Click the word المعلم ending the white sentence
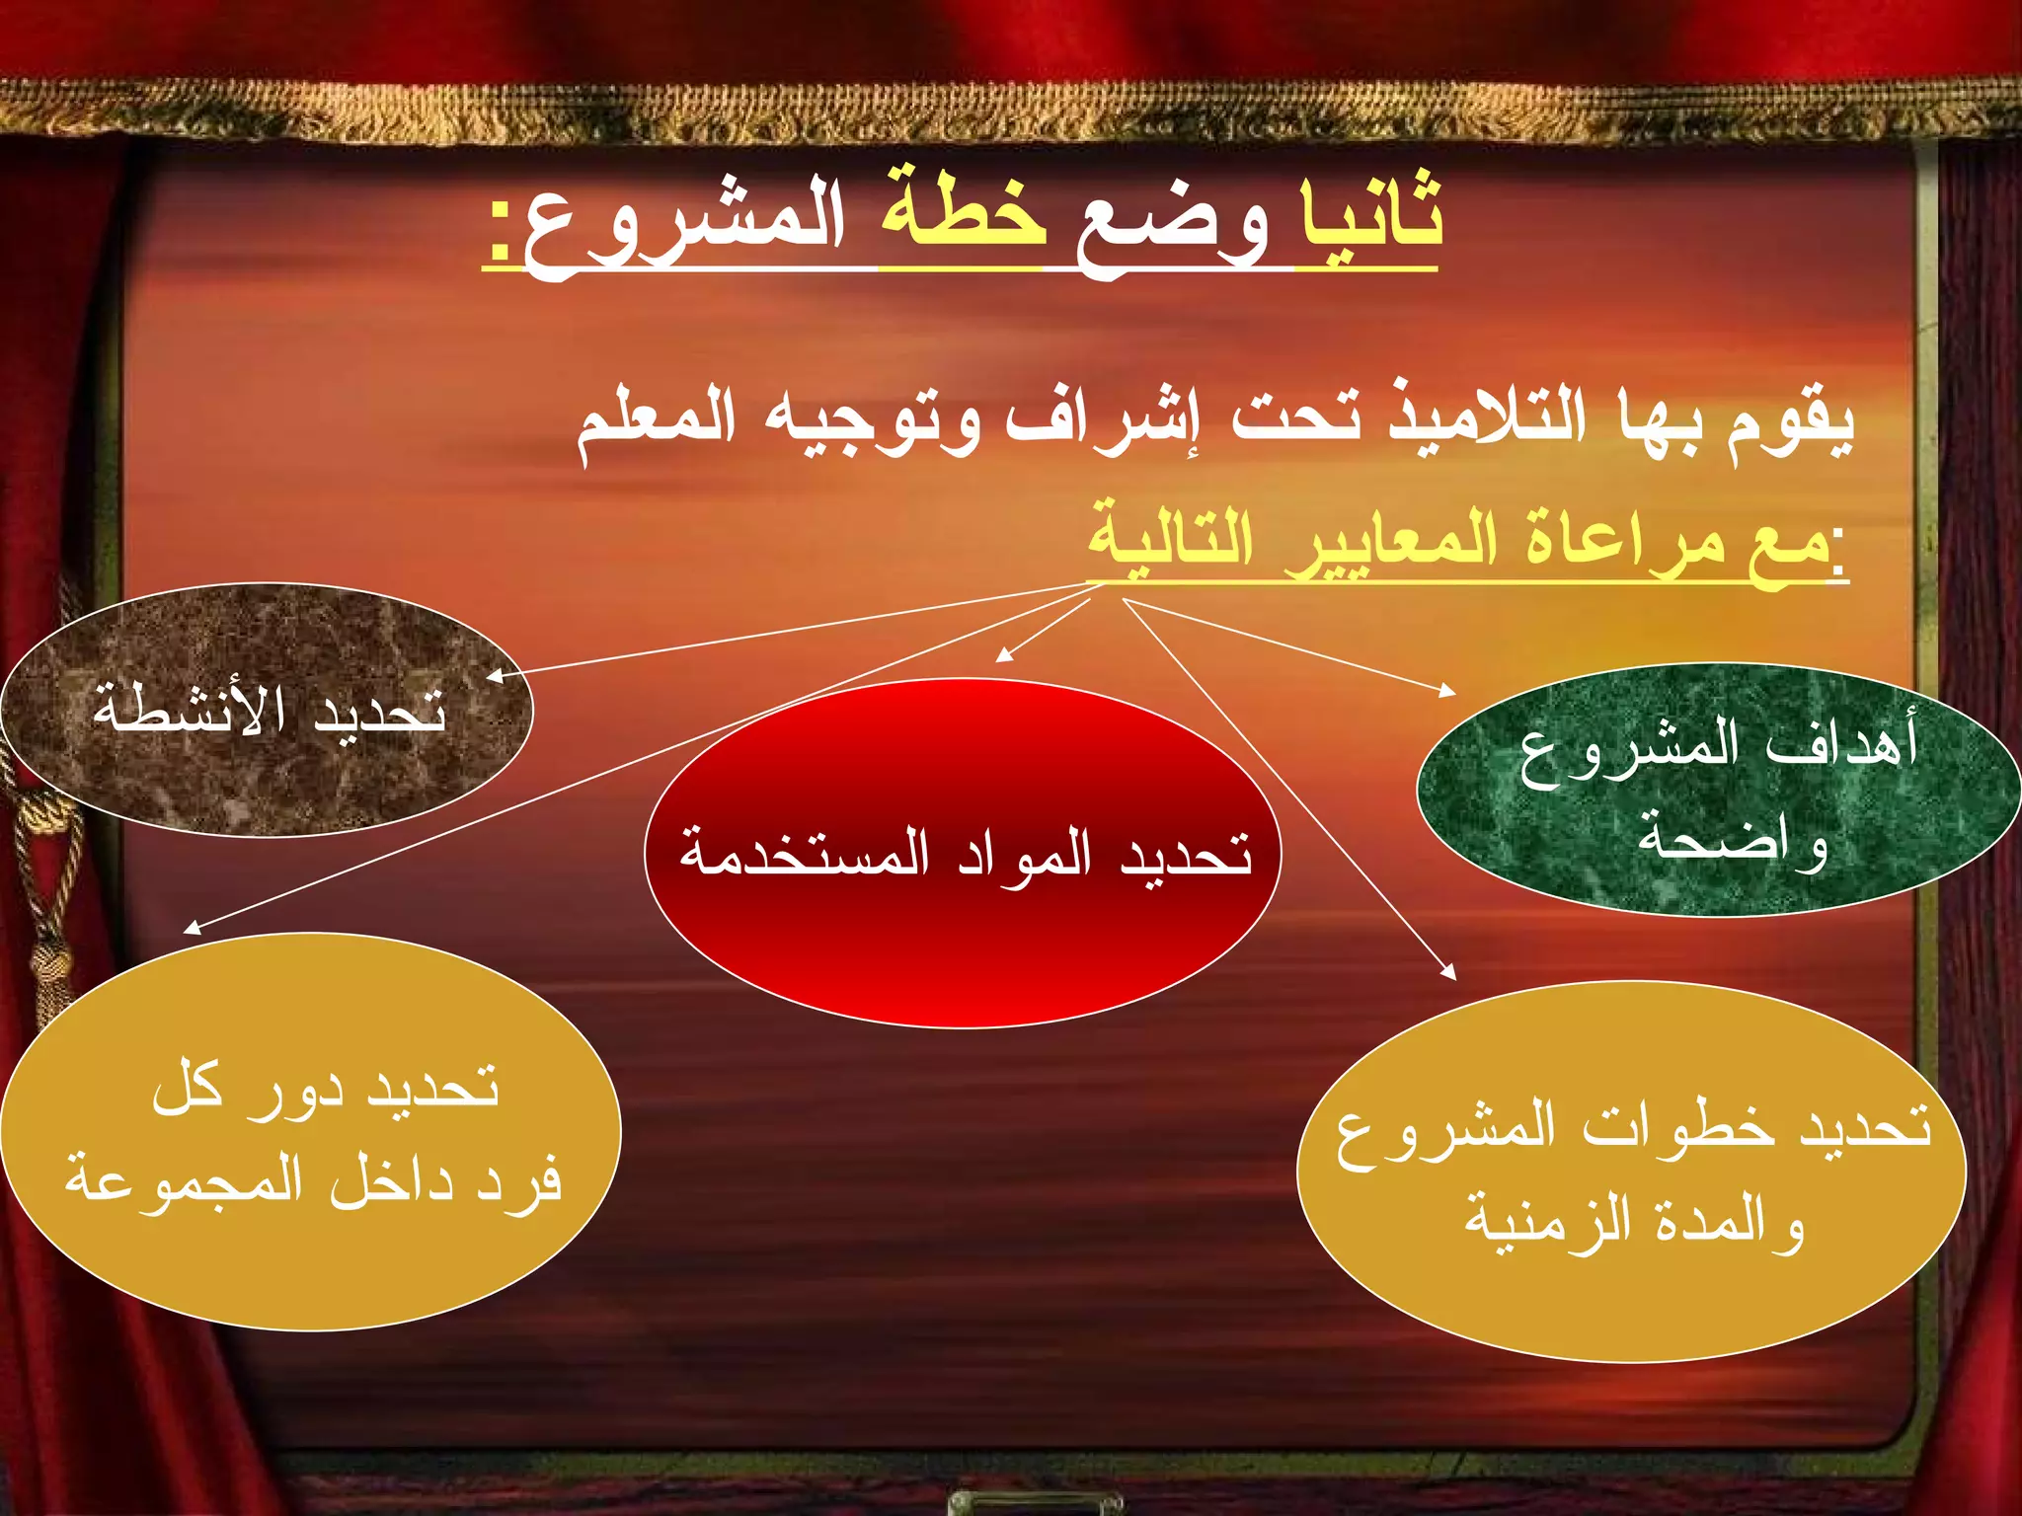(x=657, y=419)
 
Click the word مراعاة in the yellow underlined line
(x=1624, y=541)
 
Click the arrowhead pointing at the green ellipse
(x=1448, y=691)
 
